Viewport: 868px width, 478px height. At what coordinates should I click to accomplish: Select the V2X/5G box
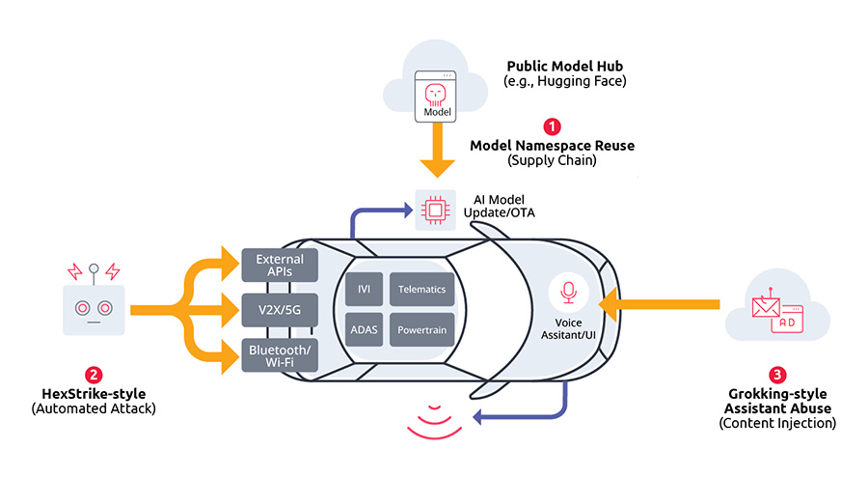(280, 311)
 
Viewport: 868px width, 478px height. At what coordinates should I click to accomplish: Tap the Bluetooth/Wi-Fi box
(280, 354)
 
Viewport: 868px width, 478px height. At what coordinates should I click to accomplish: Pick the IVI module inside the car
(364, 289)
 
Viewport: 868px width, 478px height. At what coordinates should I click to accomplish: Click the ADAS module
(364, 329)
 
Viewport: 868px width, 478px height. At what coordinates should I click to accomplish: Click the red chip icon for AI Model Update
(435, 210)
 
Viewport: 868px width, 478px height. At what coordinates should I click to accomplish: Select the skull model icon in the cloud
(436, 95)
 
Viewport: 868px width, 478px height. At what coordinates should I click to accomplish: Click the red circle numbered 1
(553, 126)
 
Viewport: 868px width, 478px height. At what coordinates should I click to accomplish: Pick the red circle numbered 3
(777, 375)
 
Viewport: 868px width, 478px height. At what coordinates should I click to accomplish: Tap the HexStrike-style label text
(94, 393)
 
